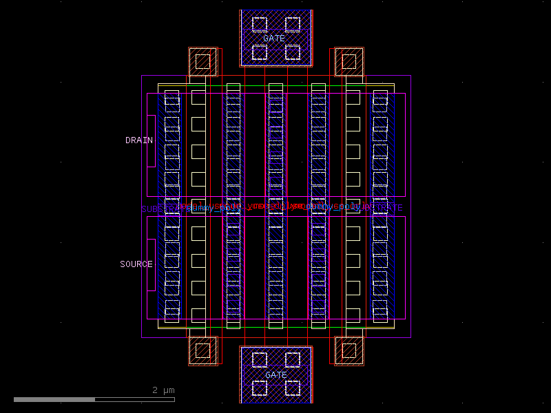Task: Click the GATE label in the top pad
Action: [273, 39]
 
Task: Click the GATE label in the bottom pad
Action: [275, 375]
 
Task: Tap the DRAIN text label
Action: [138, 140]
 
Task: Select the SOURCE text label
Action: [136, 264]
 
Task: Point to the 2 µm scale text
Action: [164, 390]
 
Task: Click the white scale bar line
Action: [94, 399]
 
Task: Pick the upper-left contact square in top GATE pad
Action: [259, 24]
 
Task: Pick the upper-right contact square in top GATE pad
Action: [293, 24]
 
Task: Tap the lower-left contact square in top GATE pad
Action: [259, 52]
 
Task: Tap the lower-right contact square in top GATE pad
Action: [293, 52]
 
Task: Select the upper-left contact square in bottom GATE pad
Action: [259, 359]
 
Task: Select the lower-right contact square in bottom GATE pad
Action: [293, 388]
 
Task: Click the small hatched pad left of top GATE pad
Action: [203, 62]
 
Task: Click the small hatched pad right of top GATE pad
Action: [349, 62]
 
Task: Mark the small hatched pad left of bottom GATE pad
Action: [203, 350]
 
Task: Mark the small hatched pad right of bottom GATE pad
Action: [349, 350]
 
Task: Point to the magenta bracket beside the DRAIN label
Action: [149, 141]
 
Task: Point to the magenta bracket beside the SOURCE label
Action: [149, 265]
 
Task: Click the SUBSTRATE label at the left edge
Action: [155, 209]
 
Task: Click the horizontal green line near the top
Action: [275, 86]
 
